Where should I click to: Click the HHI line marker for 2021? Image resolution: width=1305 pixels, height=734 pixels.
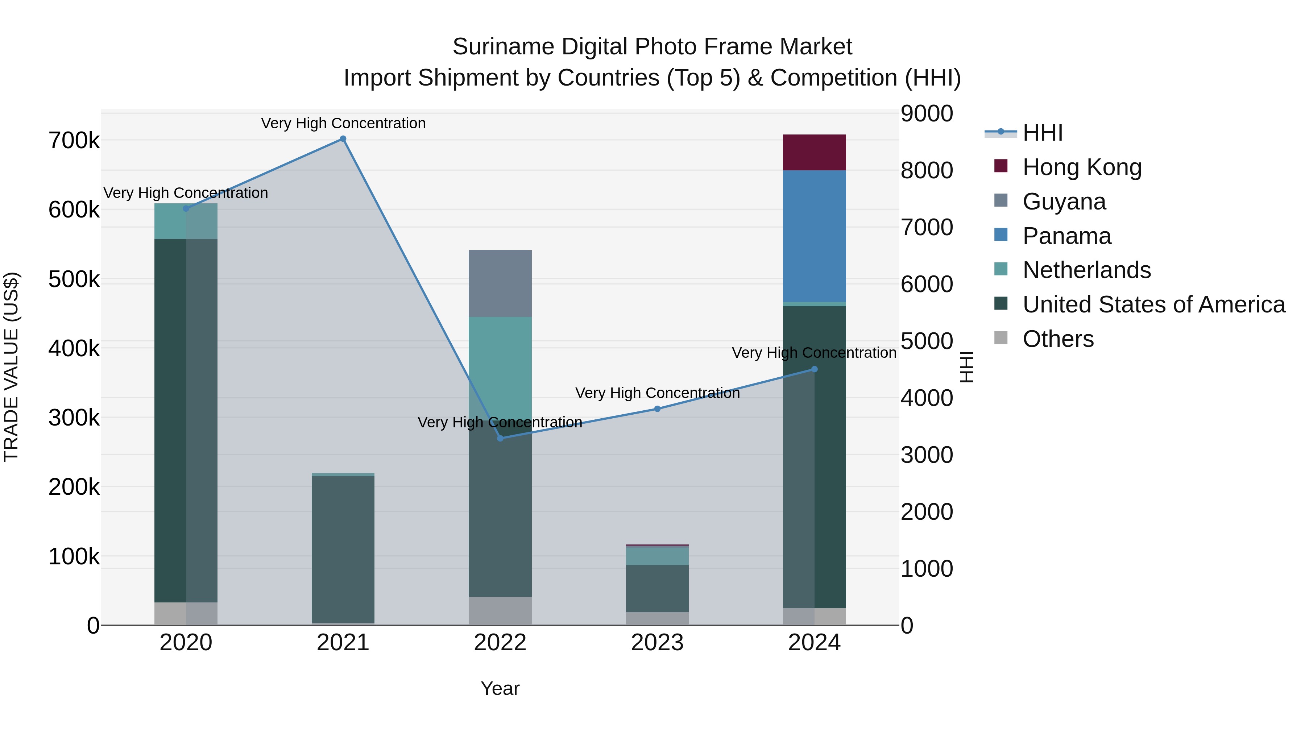point(343,139)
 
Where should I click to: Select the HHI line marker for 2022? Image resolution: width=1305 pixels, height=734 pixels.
point(500,438)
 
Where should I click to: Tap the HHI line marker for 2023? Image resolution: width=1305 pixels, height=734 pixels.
point(657,409)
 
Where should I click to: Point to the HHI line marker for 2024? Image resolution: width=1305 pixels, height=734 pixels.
point(814,369)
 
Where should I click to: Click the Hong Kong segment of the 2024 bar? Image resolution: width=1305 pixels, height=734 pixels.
point(814,153)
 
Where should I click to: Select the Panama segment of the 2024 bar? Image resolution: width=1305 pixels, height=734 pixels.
point(814,236)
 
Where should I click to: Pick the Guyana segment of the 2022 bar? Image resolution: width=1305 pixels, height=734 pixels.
point(500,284)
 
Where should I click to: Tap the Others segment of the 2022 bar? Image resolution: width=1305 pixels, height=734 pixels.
point(500,611)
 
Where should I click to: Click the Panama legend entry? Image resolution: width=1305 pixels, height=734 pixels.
point(1066,236)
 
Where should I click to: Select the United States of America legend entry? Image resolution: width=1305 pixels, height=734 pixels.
point(1153,304)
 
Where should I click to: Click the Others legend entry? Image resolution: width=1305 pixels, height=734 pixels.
point(1058,339)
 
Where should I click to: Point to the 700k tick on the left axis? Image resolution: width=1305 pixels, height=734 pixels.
point(74,141)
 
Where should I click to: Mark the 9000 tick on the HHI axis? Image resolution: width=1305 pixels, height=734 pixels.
point(927,113)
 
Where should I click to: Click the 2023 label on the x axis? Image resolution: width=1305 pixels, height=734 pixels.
point(657,643)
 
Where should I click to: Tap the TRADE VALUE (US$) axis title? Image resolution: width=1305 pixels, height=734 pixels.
point(11,367)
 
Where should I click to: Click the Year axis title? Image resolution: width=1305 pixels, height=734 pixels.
point(500,688)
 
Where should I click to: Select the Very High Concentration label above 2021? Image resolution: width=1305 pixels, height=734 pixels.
point(343,123)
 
